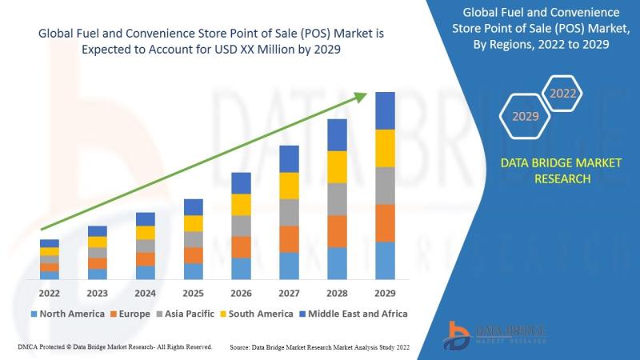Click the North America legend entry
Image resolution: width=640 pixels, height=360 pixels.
coord(67,314)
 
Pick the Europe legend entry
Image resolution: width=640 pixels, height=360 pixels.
coord(130,314)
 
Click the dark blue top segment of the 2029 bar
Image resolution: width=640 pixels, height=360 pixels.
coord(386,110)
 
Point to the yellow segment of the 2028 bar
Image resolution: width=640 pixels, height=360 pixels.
coord(338,166)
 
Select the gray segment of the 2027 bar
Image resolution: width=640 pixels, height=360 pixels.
coord(290,212)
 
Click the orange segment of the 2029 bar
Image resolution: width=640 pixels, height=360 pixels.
coord(386,223)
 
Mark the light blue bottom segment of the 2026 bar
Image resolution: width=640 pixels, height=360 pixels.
coord(242,268)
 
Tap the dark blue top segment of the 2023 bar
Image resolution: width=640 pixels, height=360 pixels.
coord(98,231)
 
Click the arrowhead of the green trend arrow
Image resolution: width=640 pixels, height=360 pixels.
coord(362,98)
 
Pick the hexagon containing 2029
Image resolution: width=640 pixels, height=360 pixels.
coord(525,117)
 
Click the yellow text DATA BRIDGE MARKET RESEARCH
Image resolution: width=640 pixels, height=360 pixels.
coord(560,170)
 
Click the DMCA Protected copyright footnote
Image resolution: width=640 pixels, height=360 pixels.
coord(114,347)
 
